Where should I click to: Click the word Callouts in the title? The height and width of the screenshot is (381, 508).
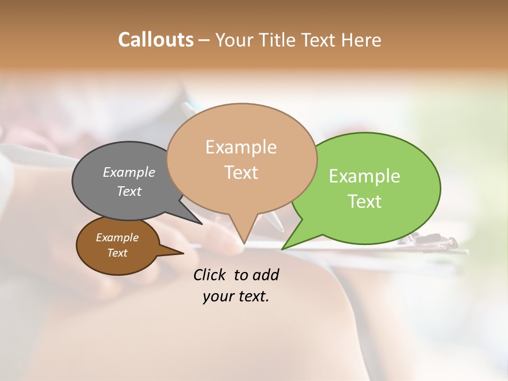click(x=156, y=40)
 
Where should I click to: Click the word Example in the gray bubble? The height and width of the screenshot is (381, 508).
click(x=129, y=173)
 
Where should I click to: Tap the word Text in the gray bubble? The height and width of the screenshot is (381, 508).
click(x=129, y=191)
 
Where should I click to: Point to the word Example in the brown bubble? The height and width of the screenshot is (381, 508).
click(x=117, y=238)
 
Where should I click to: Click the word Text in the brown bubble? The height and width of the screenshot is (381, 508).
click(x=117, y=253)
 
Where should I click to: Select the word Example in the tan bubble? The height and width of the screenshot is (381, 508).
click(x=241, y=147)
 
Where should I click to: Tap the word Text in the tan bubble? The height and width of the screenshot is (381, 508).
click(x=241, y=173)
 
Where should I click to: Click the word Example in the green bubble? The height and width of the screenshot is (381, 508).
click(x=365, y=176)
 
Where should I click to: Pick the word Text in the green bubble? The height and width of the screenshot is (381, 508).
click(x=365, y=202)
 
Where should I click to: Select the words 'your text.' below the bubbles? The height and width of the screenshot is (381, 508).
click(x=235, y=297)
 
